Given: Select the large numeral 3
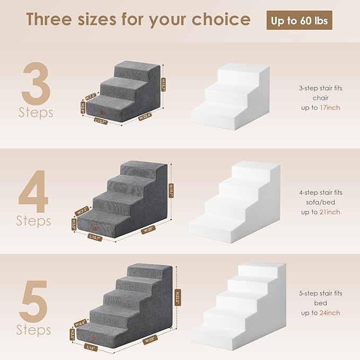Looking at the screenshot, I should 37,85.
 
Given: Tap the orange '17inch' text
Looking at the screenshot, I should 330,108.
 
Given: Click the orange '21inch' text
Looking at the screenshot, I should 330,212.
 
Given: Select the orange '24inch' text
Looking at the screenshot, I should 330,313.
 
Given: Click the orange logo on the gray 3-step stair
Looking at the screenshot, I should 102,111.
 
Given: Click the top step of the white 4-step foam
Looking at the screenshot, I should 254,169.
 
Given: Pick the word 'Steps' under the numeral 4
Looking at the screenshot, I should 34,219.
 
